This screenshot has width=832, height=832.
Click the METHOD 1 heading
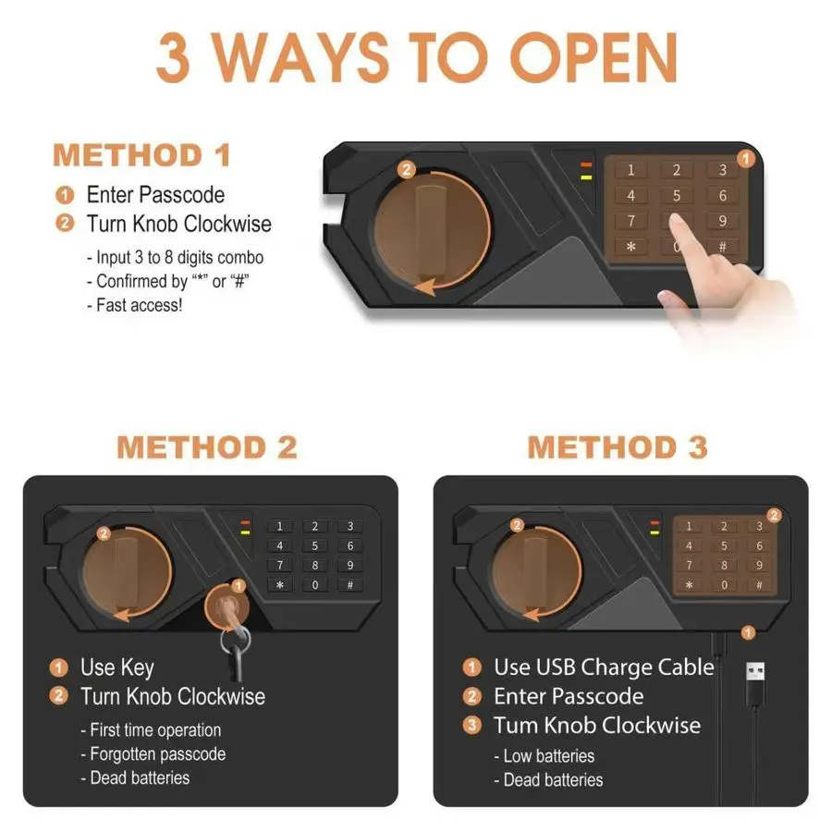click(141, 155)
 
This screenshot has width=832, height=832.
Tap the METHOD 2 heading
click(207, 447)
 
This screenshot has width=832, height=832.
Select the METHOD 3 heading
click(618, 447)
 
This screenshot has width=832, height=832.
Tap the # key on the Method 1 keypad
click(722, 247)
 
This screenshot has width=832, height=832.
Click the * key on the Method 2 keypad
click(279, 585)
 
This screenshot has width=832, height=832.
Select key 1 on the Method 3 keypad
click(689, 526)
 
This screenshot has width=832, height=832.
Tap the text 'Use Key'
click(117, 667)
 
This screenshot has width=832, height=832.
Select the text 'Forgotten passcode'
click(157, 754)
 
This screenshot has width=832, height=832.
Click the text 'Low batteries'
click(548, 755)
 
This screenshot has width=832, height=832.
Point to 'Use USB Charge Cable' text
click(604, 667)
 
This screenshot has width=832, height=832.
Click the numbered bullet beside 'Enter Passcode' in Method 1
click(65, 195)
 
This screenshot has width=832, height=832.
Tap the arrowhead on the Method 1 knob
click(426, 286)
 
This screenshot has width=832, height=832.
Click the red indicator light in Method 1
click(586, 165)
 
